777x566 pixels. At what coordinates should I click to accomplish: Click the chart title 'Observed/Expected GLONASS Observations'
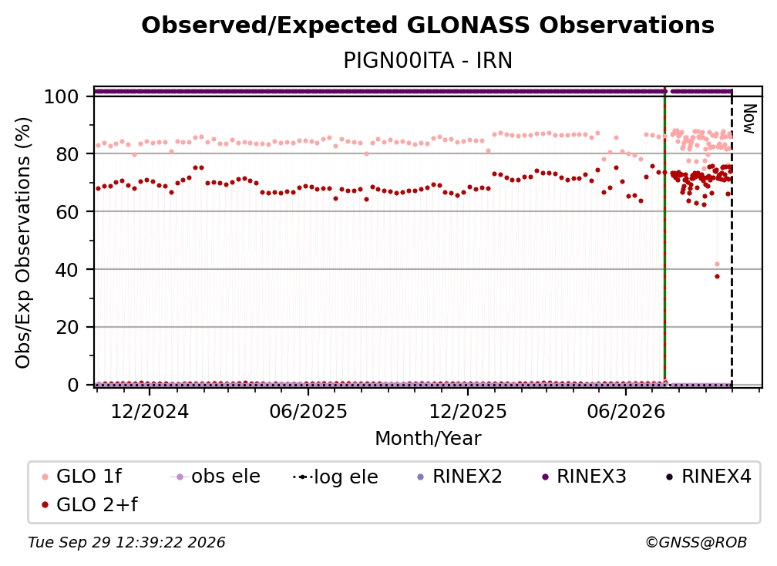428,25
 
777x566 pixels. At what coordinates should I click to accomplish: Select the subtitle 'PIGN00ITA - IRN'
428,61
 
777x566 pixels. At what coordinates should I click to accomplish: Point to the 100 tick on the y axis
62,96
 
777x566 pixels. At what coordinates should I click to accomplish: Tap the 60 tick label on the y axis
67,212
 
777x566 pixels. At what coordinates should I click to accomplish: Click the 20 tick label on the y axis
67,328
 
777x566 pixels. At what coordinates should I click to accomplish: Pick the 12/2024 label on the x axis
150,412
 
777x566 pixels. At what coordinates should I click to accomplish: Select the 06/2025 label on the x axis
308,412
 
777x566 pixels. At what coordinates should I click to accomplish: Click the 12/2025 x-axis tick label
468,412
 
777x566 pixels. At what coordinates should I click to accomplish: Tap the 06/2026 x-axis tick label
626,412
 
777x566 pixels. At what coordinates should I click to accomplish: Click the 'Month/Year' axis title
428,439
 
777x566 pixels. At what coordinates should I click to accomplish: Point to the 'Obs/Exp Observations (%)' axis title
23,243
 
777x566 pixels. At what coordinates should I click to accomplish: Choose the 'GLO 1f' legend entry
81,477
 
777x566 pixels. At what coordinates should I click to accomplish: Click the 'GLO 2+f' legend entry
89,505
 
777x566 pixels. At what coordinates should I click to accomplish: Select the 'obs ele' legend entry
214,477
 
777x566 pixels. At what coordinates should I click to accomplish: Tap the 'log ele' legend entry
335,477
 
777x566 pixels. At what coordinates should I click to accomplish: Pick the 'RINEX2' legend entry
460,477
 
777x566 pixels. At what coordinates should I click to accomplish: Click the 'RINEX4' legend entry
708,477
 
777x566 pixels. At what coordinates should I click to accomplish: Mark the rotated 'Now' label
750,119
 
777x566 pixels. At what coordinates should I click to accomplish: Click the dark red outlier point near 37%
717,277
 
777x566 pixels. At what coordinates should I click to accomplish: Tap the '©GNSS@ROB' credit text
696,543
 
